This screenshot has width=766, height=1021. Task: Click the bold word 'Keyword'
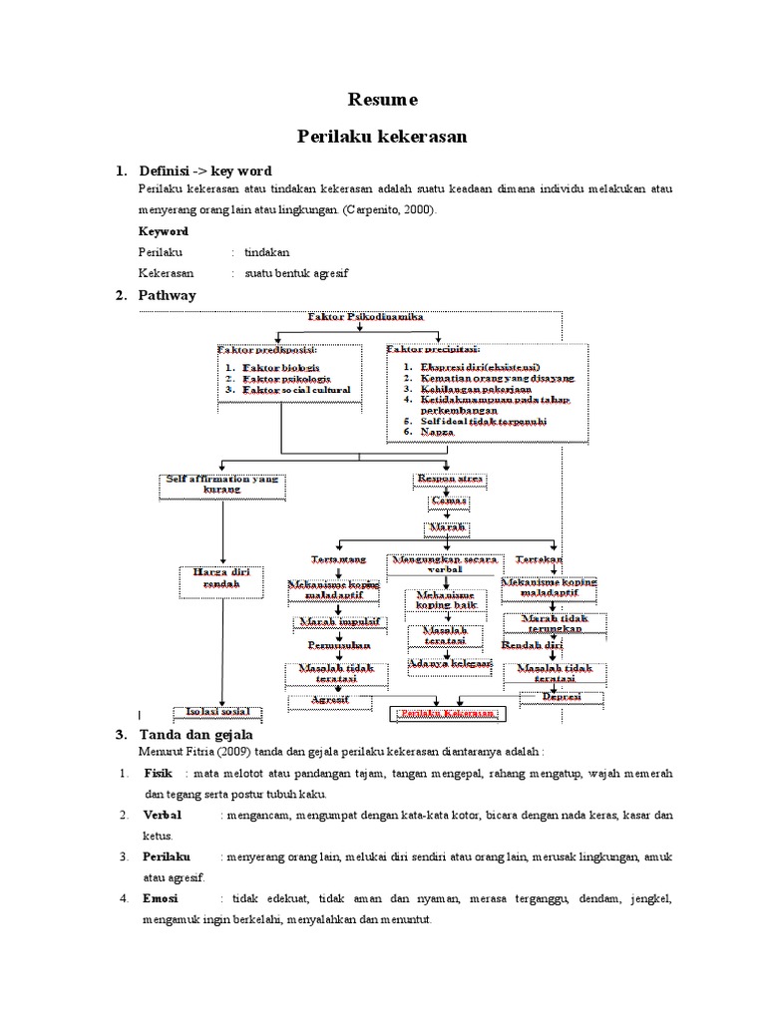(x=164, y=231)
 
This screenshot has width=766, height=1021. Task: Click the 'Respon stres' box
(x=449, y=480)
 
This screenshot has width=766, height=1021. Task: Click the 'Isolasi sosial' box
(x=224, y=711)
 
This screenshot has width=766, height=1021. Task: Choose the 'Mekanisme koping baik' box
(x=446, y=599)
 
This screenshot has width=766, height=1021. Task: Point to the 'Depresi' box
(x=555, y=697)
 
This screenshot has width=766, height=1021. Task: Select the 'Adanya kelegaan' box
(x=450, y=662)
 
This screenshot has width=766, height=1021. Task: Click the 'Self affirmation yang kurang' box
(x=222, y=485)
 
